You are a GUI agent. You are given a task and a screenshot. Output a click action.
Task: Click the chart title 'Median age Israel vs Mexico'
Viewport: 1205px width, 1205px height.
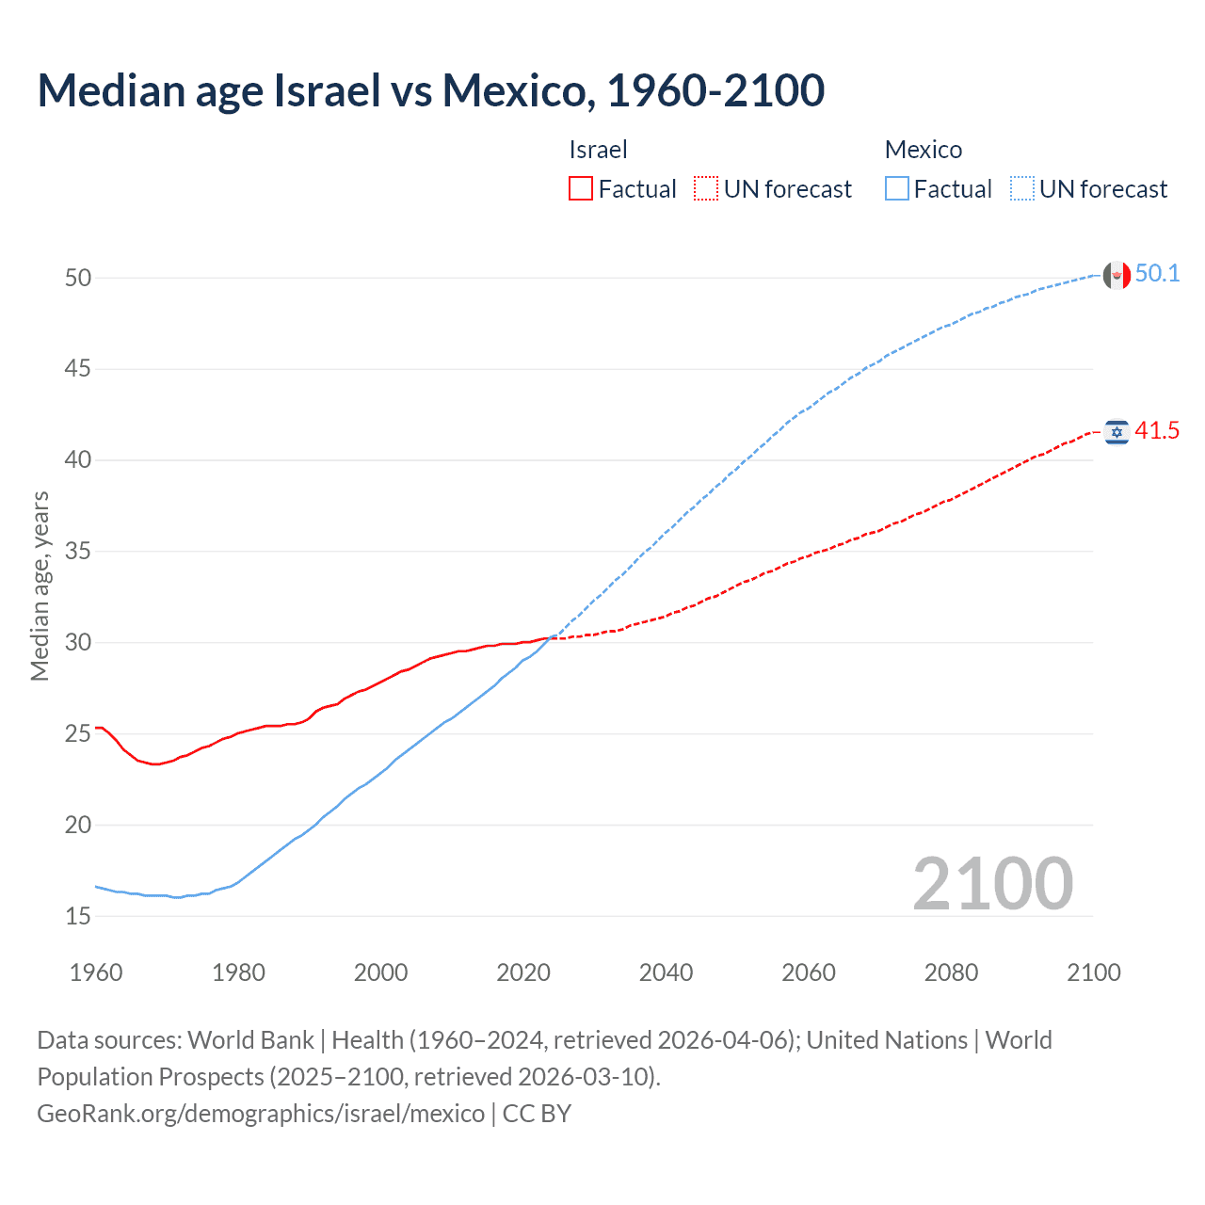(x=430, y=91)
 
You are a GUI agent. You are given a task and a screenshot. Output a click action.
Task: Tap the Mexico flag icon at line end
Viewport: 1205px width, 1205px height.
(x=1117, y=275)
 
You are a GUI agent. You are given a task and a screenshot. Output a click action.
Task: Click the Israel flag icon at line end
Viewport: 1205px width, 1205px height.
(x=1117, y=432)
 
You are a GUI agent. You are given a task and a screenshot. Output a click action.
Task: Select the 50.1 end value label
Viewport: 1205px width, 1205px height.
(x=1157, y=274)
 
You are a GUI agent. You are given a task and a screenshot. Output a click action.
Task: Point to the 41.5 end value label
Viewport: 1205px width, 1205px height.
(x=1157, y=431)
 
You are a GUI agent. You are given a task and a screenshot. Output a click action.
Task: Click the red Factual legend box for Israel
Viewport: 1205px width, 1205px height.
(x=581, y=189)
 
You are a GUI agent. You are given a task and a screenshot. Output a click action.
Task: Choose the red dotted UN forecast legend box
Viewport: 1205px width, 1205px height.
(x=706, y=189)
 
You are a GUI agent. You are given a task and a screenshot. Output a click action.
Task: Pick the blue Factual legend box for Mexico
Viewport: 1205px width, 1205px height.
(x=897, y=189)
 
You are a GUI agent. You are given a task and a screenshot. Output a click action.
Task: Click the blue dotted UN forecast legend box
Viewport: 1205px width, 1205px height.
(x=1022, y=189)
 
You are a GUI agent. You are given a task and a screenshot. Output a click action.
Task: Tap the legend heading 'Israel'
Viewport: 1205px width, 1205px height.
(x=598, y=150)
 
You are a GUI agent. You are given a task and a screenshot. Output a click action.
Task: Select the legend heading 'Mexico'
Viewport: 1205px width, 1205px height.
(x=923, y=150)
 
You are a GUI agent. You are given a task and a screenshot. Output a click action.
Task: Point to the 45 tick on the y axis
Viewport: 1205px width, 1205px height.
(x=78, y=369)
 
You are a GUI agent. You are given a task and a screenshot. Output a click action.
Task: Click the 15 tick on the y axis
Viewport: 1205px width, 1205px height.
(x=78, y=916)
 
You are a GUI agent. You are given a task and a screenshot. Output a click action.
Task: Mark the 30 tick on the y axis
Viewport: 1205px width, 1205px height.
(x=78, y=643)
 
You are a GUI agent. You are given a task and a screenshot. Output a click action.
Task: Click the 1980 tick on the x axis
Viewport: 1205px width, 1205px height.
(x=238, y=972)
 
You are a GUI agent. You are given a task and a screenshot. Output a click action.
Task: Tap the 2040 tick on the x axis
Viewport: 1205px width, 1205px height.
(x=666, y=972)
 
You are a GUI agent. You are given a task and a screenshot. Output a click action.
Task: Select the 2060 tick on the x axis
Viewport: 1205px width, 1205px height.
(x=809, y=972)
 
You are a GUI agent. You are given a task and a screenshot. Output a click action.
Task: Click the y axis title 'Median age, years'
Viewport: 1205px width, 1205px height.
(x=40, y=586)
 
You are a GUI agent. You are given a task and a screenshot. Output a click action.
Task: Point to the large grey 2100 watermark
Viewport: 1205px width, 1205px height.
(x=992, y=883)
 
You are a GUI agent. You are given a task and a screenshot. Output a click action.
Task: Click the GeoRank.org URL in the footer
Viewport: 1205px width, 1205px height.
(x=261, y=1114)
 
